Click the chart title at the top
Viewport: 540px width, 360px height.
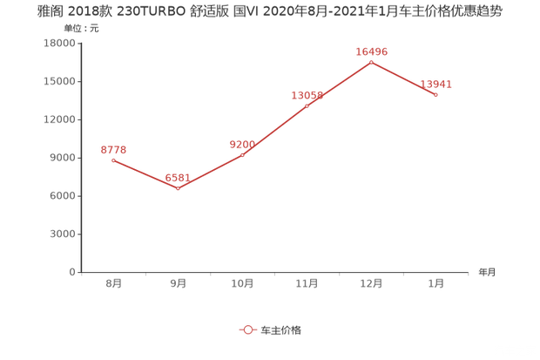[270, 13]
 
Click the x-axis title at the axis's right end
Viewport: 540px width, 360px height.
[486, 272]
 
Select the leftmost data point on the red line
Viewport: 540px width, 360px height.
[113, 160]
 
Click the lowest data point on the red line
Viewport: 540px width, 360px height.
[178, 187]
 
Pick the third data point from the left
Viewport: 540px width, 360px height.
[242, 153]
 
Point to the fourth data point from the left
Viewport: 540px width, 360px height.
[307, 105]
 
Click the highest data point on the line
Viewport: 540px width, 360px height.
[371, 62]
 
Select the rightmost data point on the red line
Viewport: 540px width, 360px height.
[435, 94]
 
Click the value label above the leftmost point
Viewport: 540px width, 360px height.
[113, 149]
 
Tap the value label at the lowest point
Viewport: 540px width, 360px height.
[178, 175]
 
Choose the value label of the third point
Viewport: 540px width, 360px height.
[242, 142]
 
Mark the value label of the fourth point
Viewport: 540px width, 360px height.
[307, 93]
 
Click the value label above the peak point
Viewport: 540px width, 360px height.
[371, 51]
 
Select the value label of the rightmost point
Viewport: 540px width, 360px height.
[435, 84]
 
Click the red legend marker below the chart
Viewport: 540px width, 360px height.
[247, 330]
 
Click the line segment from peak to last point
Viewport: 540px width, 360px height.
[403, 78]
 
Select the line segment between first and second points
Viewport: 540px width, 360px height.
[145, 173]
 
